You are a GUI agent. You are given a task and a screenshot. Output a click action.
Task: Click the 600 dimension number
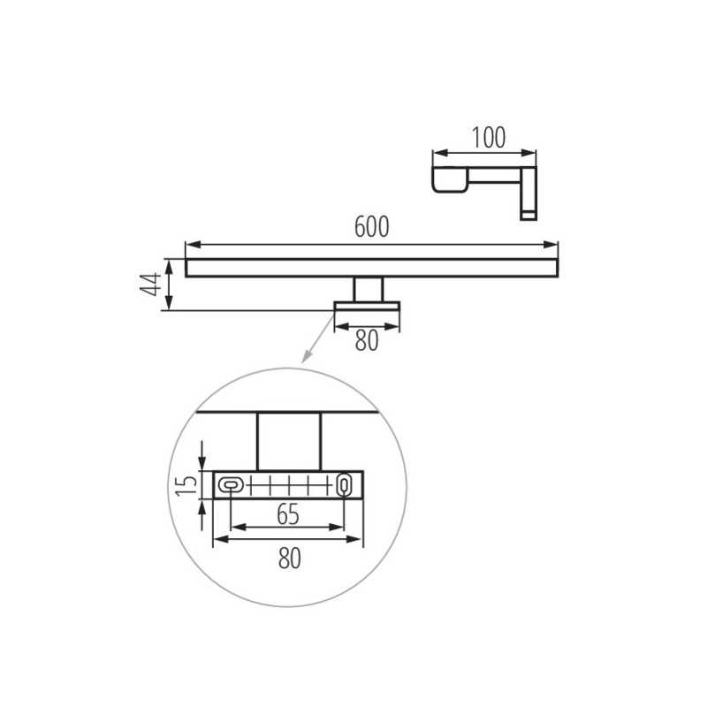coord(371,227)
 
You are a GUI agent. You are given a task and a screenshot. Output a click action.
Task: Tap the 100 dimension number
coord(489,138)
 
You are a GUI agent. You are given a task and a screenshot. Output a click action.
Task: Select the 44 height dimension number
coord(150,285)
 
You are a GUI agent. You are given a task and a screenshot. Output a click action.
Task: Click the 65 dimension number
coord(288,514)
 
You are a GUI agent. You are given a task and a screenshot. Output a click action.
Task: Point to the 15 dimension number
coord(186,485)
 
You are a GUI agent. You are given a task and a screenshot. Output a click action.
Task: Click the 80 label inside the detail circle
coord(290,559)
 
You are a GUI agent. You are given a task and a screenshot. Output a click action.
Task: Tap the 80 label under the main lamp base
coord(367,340)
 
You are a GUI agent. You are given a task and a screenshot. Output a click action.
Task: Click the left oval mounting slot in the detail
coord(231,485)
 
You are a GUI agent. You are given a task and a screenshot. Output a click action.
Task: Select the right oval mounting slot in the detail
coord(344,484)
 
